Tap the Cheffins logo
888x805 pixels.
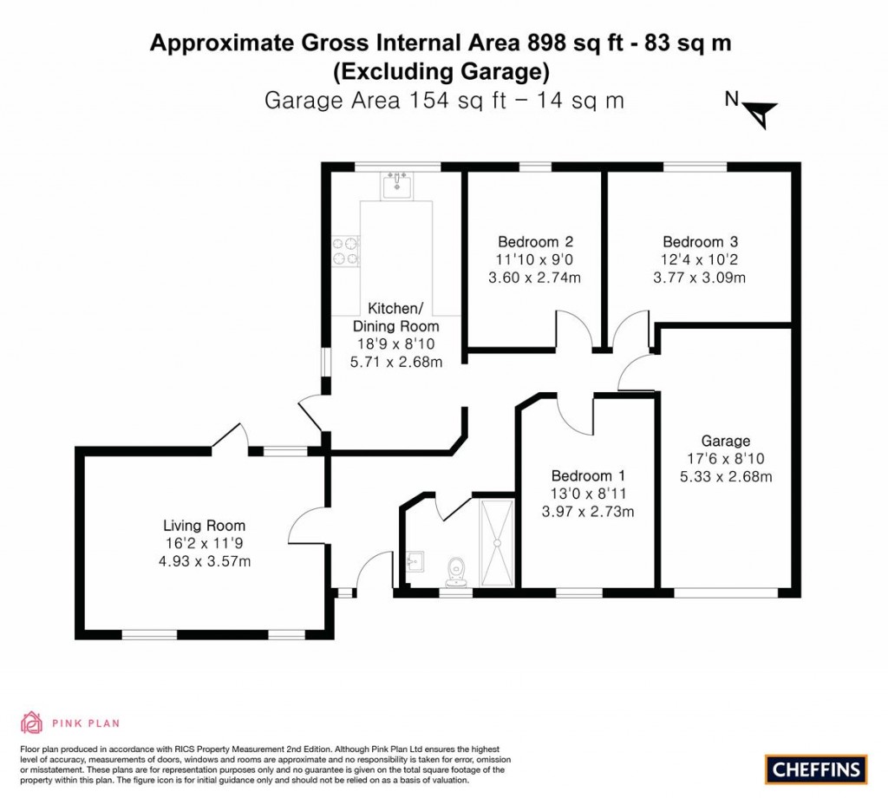click(816, 769)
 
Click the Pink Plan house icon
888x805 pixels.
click(31, 722)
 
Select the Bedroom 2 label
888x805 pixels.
click(535, 242)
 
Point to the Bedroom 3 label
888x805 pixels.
click(700, 242)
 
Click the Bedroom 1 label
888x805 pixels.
click(588, 476)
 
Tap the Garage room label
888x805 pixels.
click(726, 441)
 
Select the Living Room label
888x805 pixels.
click(205, 526)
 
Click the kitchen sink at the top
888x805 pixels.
click(397, 185)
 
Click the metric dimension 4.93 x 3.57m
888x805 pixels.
click(205, 561)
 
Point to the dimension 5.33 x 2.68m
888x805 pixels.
click(726, 476)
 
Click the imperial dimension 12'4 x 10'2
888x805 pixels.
click(700, 260)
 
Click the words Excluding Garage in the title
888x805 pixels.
click(441, 70)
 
